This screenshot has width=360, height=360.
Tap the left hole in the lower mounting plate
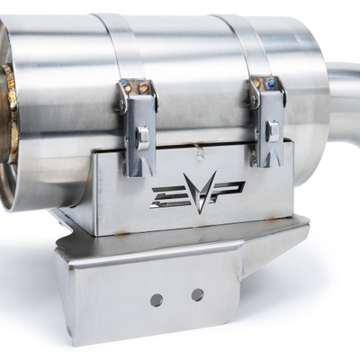(x=157, y=299)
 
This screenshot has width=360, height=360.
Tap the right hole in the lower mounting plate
(x=197, y=294)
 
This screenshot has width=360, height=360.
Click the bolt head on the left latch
(x=142, y=136)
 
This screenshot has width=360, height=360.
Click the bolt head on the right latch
(x=272, y=130)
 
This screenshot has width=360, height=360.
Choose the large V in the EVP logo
(x=195, y=191)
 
